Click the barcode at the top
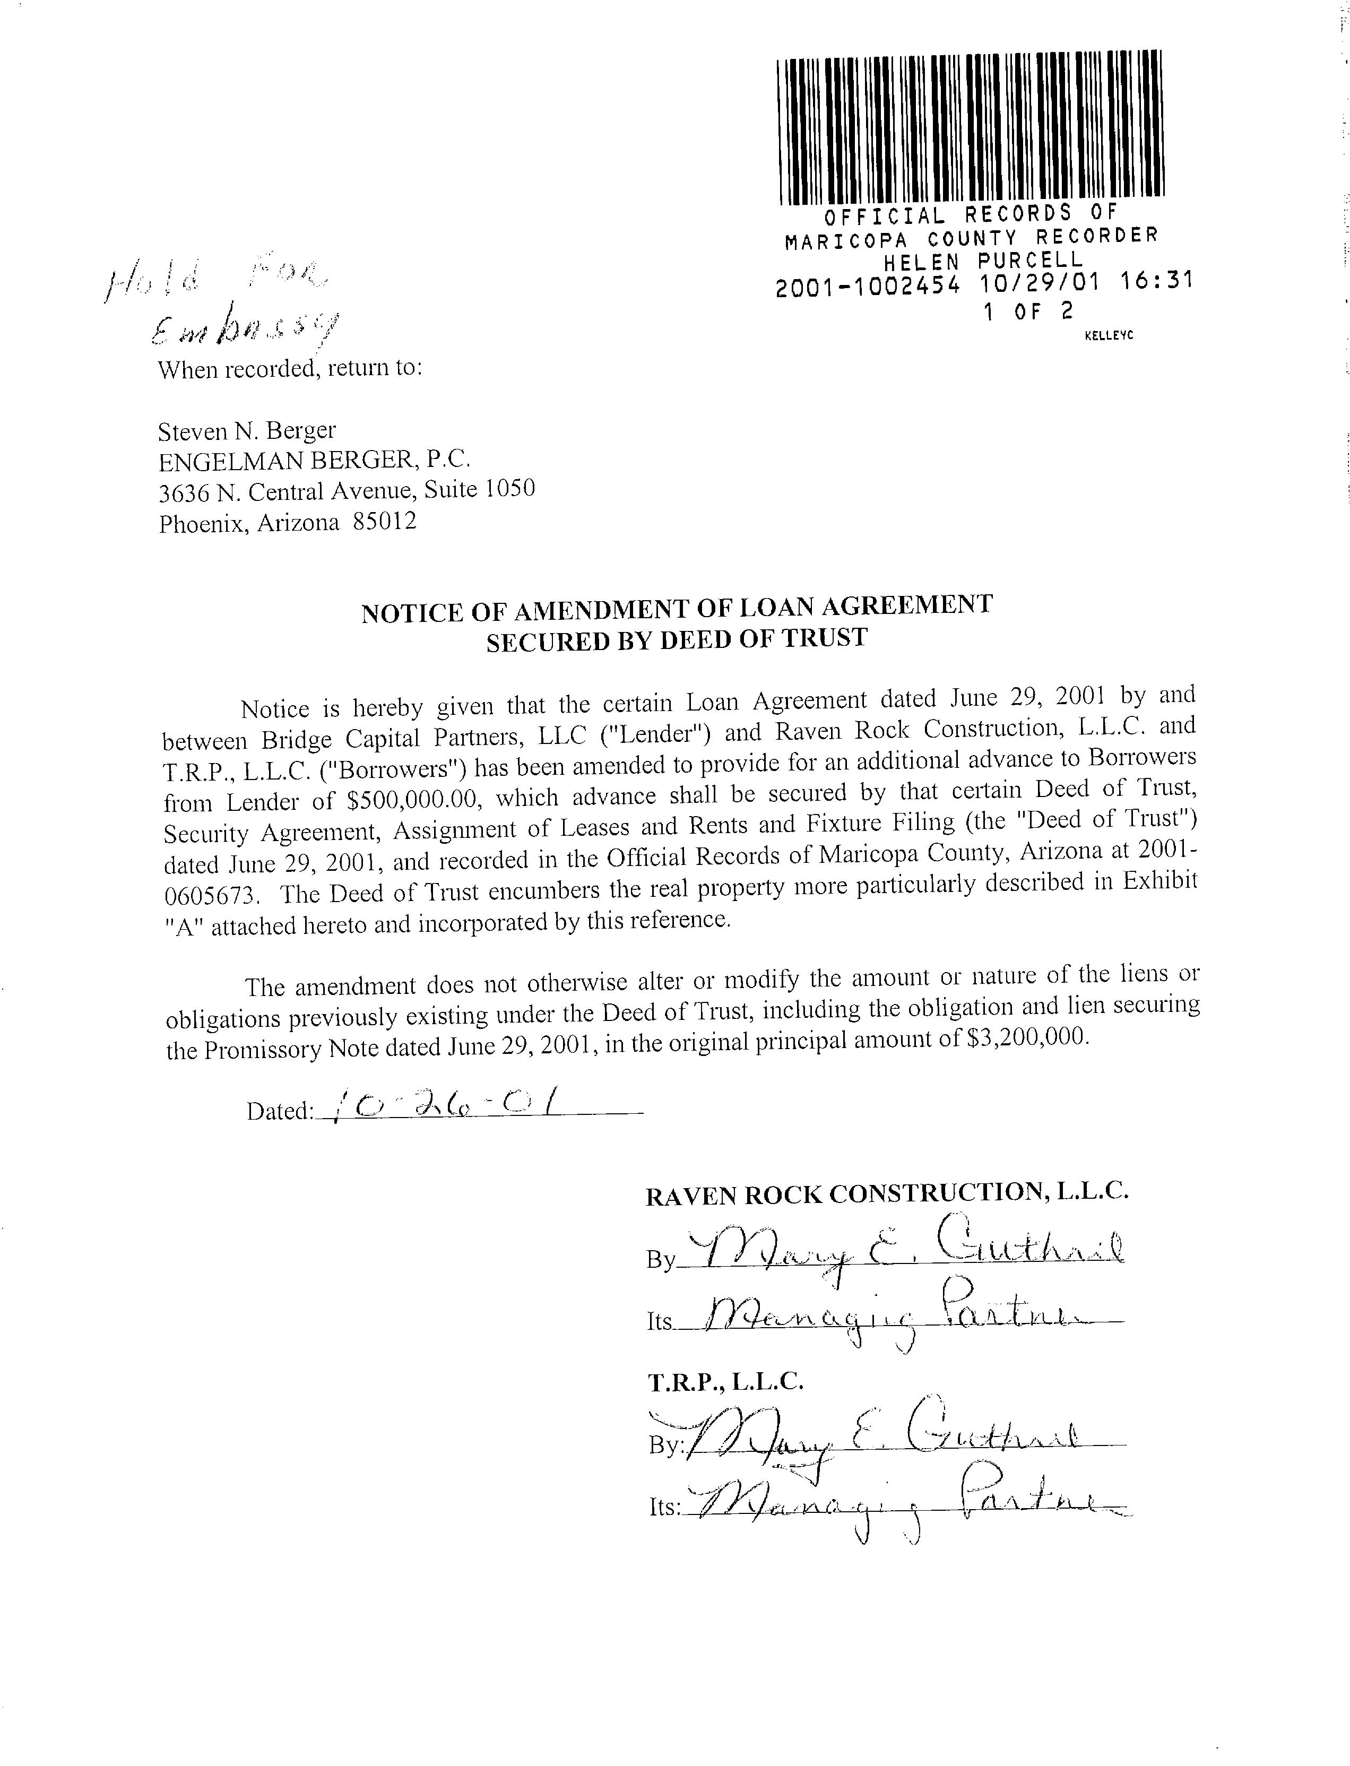971,126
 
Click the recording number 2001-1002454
868,285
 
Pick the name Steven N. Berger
247,431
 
